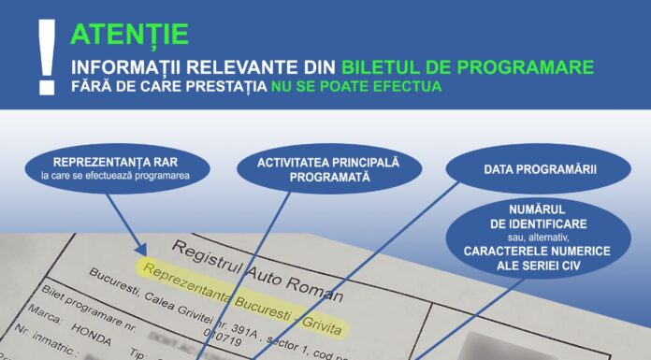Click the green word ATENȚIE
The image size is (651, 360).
pyautogui.click(x=129, y=35)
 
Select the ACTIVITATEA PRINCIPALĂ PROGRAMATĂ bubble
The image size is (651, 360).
pyautogui.click(x=328, y=169)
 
